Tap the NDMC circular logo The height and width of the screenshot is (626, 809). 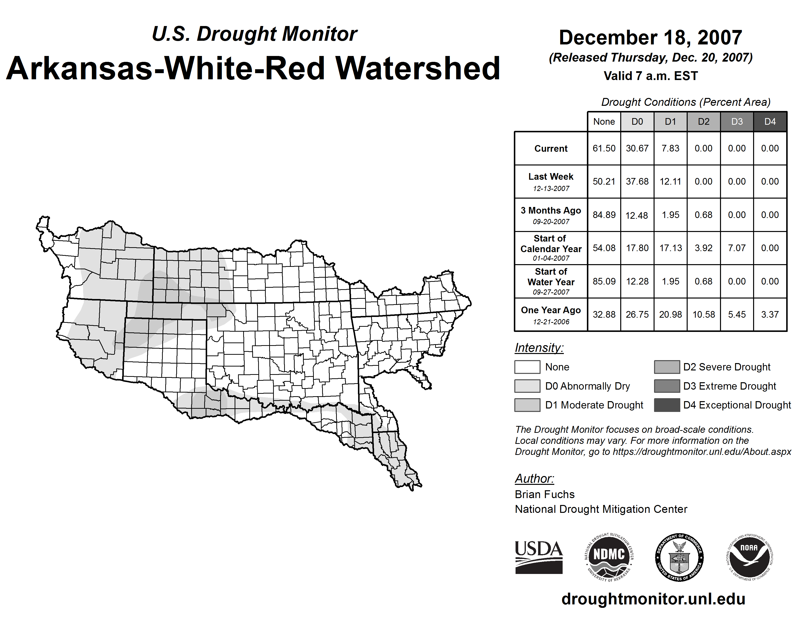point(609,557)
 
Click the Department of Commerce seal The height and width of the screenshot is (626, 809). point(679,557)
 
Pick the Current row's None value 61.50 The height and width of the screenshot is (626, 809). point(604,148)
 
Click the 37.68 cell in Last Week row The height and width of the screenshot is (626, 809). point(637,181)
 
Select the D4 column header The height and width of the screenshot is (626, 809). point(770,122)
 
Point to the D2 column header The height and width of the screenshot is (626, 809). point(703,122)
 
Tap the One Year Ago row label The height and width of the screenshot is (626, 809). point(551,314)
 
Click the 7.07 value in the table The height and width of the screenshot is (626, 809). point(737,248)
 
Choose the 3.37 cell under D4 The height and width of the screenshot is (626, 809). point(770,314)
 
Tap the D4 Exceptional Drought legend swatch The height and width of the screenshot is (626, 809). point(667,405)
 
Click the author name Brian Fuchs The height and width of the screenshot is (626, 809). point(544,494)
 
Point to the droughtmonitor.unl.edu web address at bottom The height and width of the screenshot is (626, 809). point(653,599)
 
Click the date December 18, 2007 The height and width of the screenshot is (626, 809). point(650,38)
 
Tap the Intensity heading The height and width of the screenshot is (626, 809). point(539,348)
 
